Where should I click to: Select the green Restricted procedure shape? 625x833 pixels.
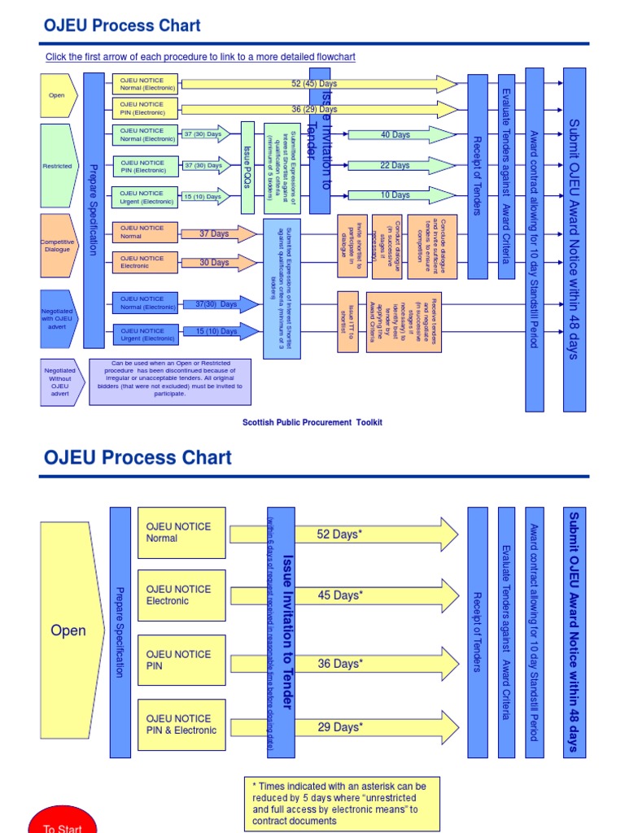click(x=59, y=166)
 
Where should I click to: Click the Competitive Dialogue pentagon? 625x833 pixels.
click(x=59, y=246)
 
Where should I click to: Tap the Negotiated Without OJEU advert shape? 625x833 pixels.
click(x=59, y=382)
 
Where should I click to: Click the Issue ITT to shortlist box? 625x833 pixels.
click(x=347, y=321)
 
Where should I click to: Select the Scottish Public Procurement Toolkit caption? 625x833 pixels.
click(x=312, y=422)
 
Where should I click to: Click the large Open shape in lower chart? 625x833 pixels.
click(x=71, y=630)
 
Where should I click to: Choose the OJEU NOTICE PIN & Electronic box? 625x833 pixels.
click(x=181, y=724)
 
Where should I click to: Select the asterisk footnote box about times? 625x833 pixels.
click(x=336, y=804)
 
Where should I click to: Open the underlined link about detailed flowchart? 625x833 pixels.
click(x=200, y=57)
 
